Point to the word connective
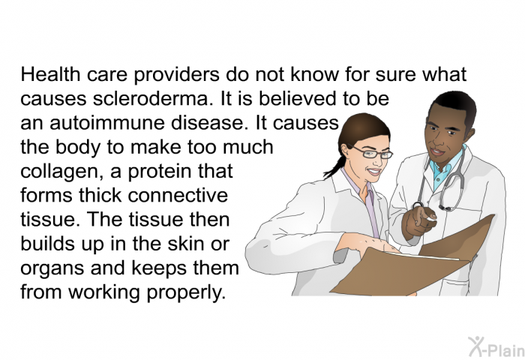pos(178,195)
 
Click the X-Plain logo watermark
pos(496,347)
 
